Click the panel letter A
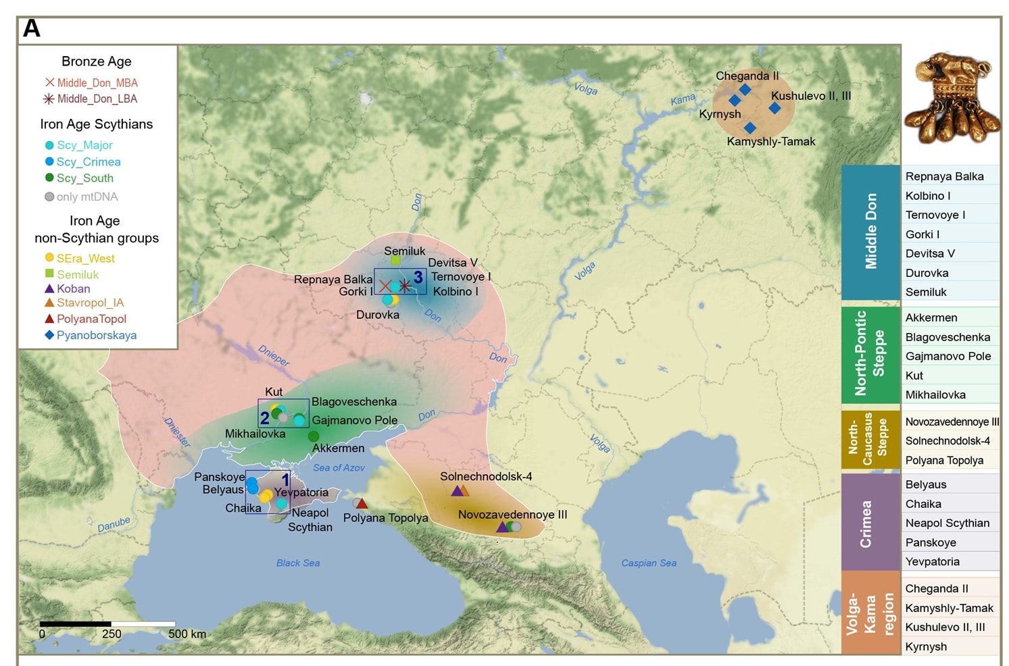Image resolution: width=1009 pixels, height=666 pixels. [x=32, y=29]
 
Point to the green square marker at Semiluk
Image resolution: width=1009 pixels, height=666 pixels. [x=396, y=260]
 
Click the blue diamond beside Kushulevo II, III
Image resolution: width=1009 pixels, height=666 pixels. [x=774, y=108]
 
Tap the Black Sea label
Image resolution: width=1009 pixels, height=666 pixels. [x=298, y=563]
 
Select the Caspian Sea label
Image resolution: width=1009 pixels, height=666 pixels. [x=648, y=563]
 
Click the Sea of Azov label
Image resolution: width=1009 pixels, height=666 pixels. [x=339, y=467]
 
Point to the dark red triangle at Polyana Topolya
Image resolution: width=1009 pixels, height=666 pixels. [x=362, y=503]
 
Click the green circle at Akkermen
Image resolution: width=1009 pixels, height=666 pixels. [x=314, y=436]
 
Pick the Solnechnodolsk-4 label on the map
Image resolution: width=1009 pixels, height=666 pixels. [x=486, y=476]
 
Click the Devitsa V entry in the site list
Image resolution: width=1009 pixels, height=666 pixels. [x=930, y=253]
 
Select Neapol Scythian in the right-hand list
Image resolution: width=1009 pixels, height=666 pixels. [x=947, y=523]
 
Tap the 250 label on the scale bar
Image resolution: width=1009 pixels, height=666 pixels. [x=112, y=634]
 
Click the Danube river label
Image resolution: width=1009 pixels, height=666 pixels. [x=114, y=524]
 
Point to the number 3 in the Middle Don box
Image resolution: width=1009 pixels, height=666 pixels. [x=418, y=277]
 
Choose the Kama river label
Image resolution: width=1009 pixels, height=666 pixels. [x=683, y=99]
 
